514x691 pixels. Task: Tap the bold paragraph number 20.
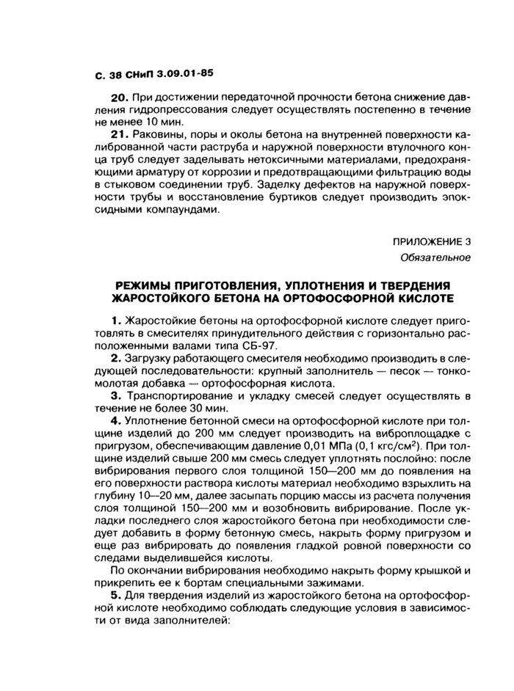pyautogui.click(x=119, y=98)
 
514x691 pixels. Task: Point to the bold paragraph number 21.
pyautogui.click(x=118, y=136)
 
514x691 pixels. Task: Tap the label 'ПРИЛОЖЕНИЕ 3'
pyautogui.click(x=431, y=241)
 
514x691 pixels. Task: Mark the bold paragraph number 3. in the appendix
pyautogui.click(x=115, y=397)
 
